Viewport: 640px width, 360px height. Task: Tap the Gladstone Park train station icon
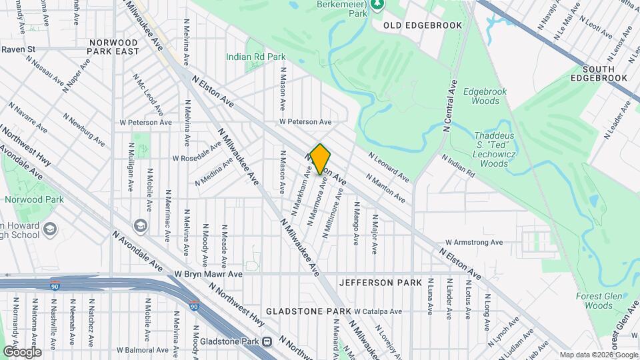tap(267, 341)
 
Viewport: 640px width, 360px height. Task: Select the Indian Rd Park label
tap(255, 57)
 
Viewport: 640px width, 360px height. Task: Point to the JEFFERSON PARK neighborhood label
tap(380, 283)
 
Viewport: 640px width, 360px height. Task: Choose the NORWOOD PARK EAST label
tap(114, 47)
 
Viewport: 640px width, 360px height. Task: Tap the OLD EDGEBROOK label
tap(413, 25)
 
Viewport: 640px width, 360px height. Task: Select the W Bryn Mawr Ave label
tap(208, 274)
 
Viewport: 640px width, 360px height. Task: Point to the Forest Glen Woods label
tap(594, 301)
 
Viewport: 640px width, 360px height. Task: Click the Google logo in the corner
tap(21, 351)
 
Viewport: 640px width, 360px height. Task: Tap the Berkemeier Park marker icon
tap(378, 5)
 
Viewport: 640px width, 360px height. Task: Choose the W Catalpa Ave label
tap(378, 311)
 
